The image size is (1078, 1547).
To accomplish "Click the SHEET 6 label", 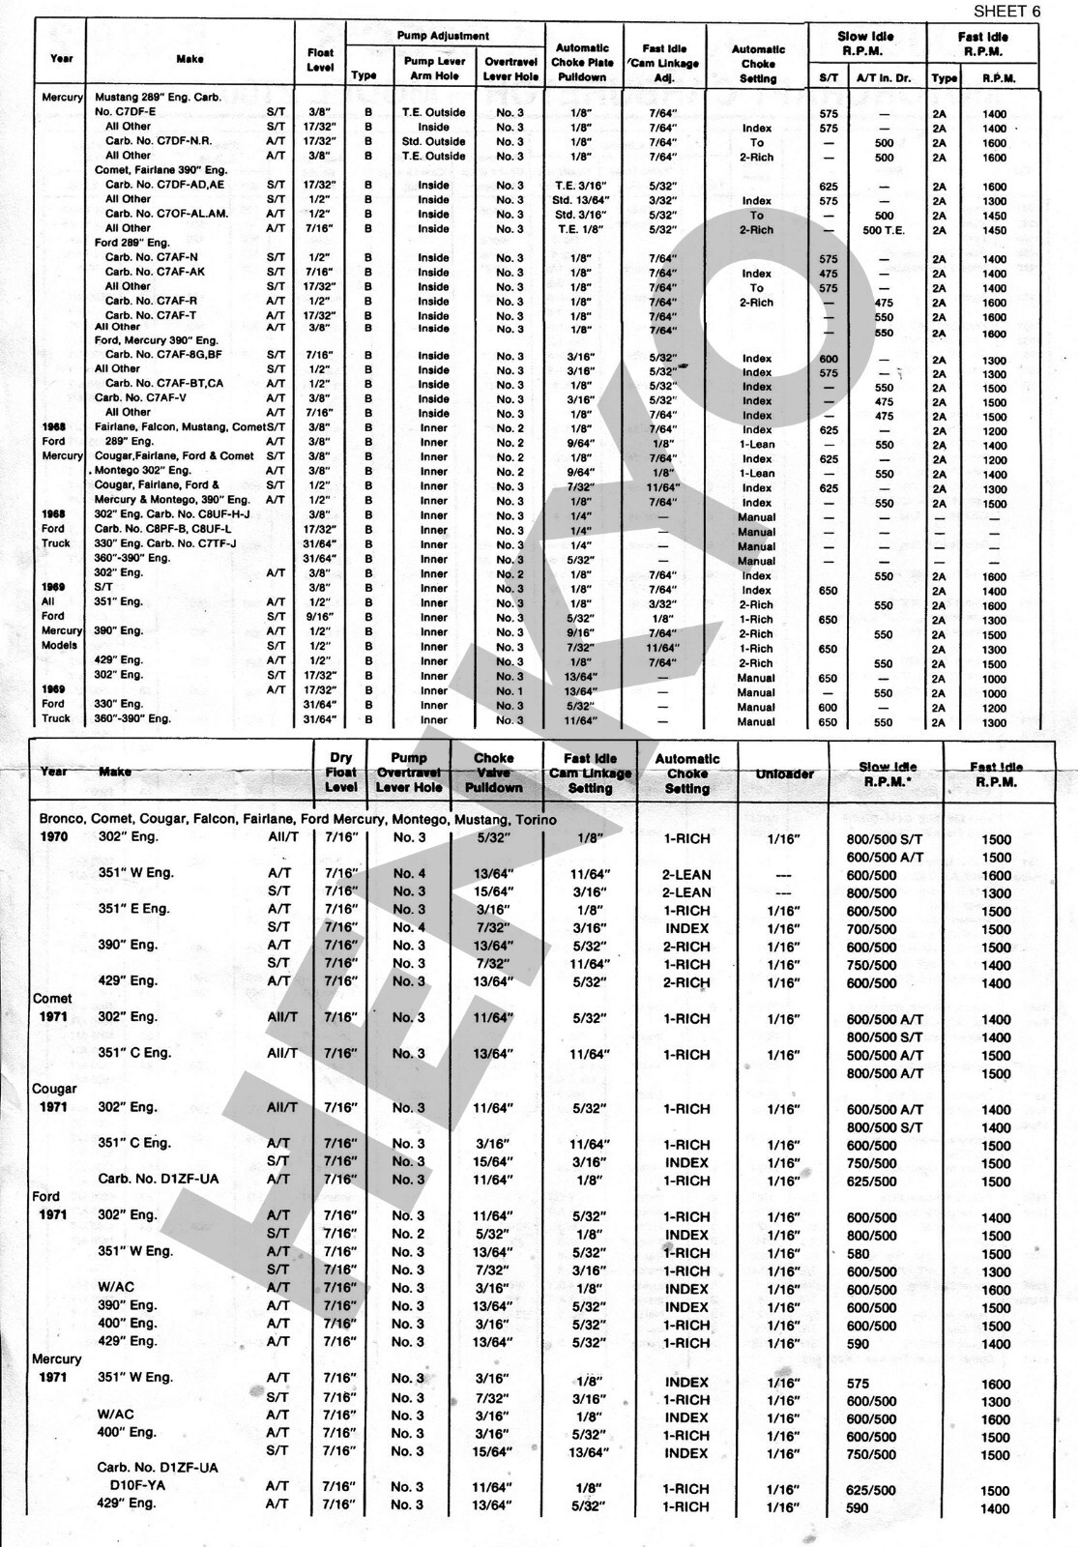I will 1006,12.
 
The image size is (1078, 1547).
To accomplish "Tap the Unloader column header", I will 784,774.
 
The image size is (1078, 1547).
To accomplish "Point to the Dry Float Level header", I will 341,773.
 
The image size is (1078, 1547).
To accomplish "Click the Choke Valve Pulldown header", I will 494,773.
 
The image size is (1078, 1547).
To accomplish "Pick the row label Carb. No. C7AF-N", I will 152,257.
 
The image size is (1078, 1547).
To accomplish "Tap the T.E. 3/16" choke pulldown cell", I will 581,186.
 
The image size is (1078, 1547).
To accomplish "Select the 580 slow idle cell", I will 858,1253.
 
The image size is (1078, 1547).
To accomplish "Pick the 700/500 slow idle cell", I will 871,929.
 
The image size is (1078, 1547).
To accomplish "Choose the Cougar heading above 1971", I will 54,1089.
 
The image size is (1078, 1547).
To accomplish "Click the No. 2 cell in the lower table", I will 408,1235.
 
